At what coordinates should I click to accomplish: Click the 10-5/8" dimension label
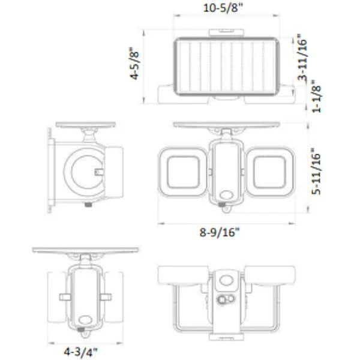click(x=226, y=8)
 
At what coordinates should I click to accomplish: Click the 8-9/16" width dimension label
click(x=226, y=233)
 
